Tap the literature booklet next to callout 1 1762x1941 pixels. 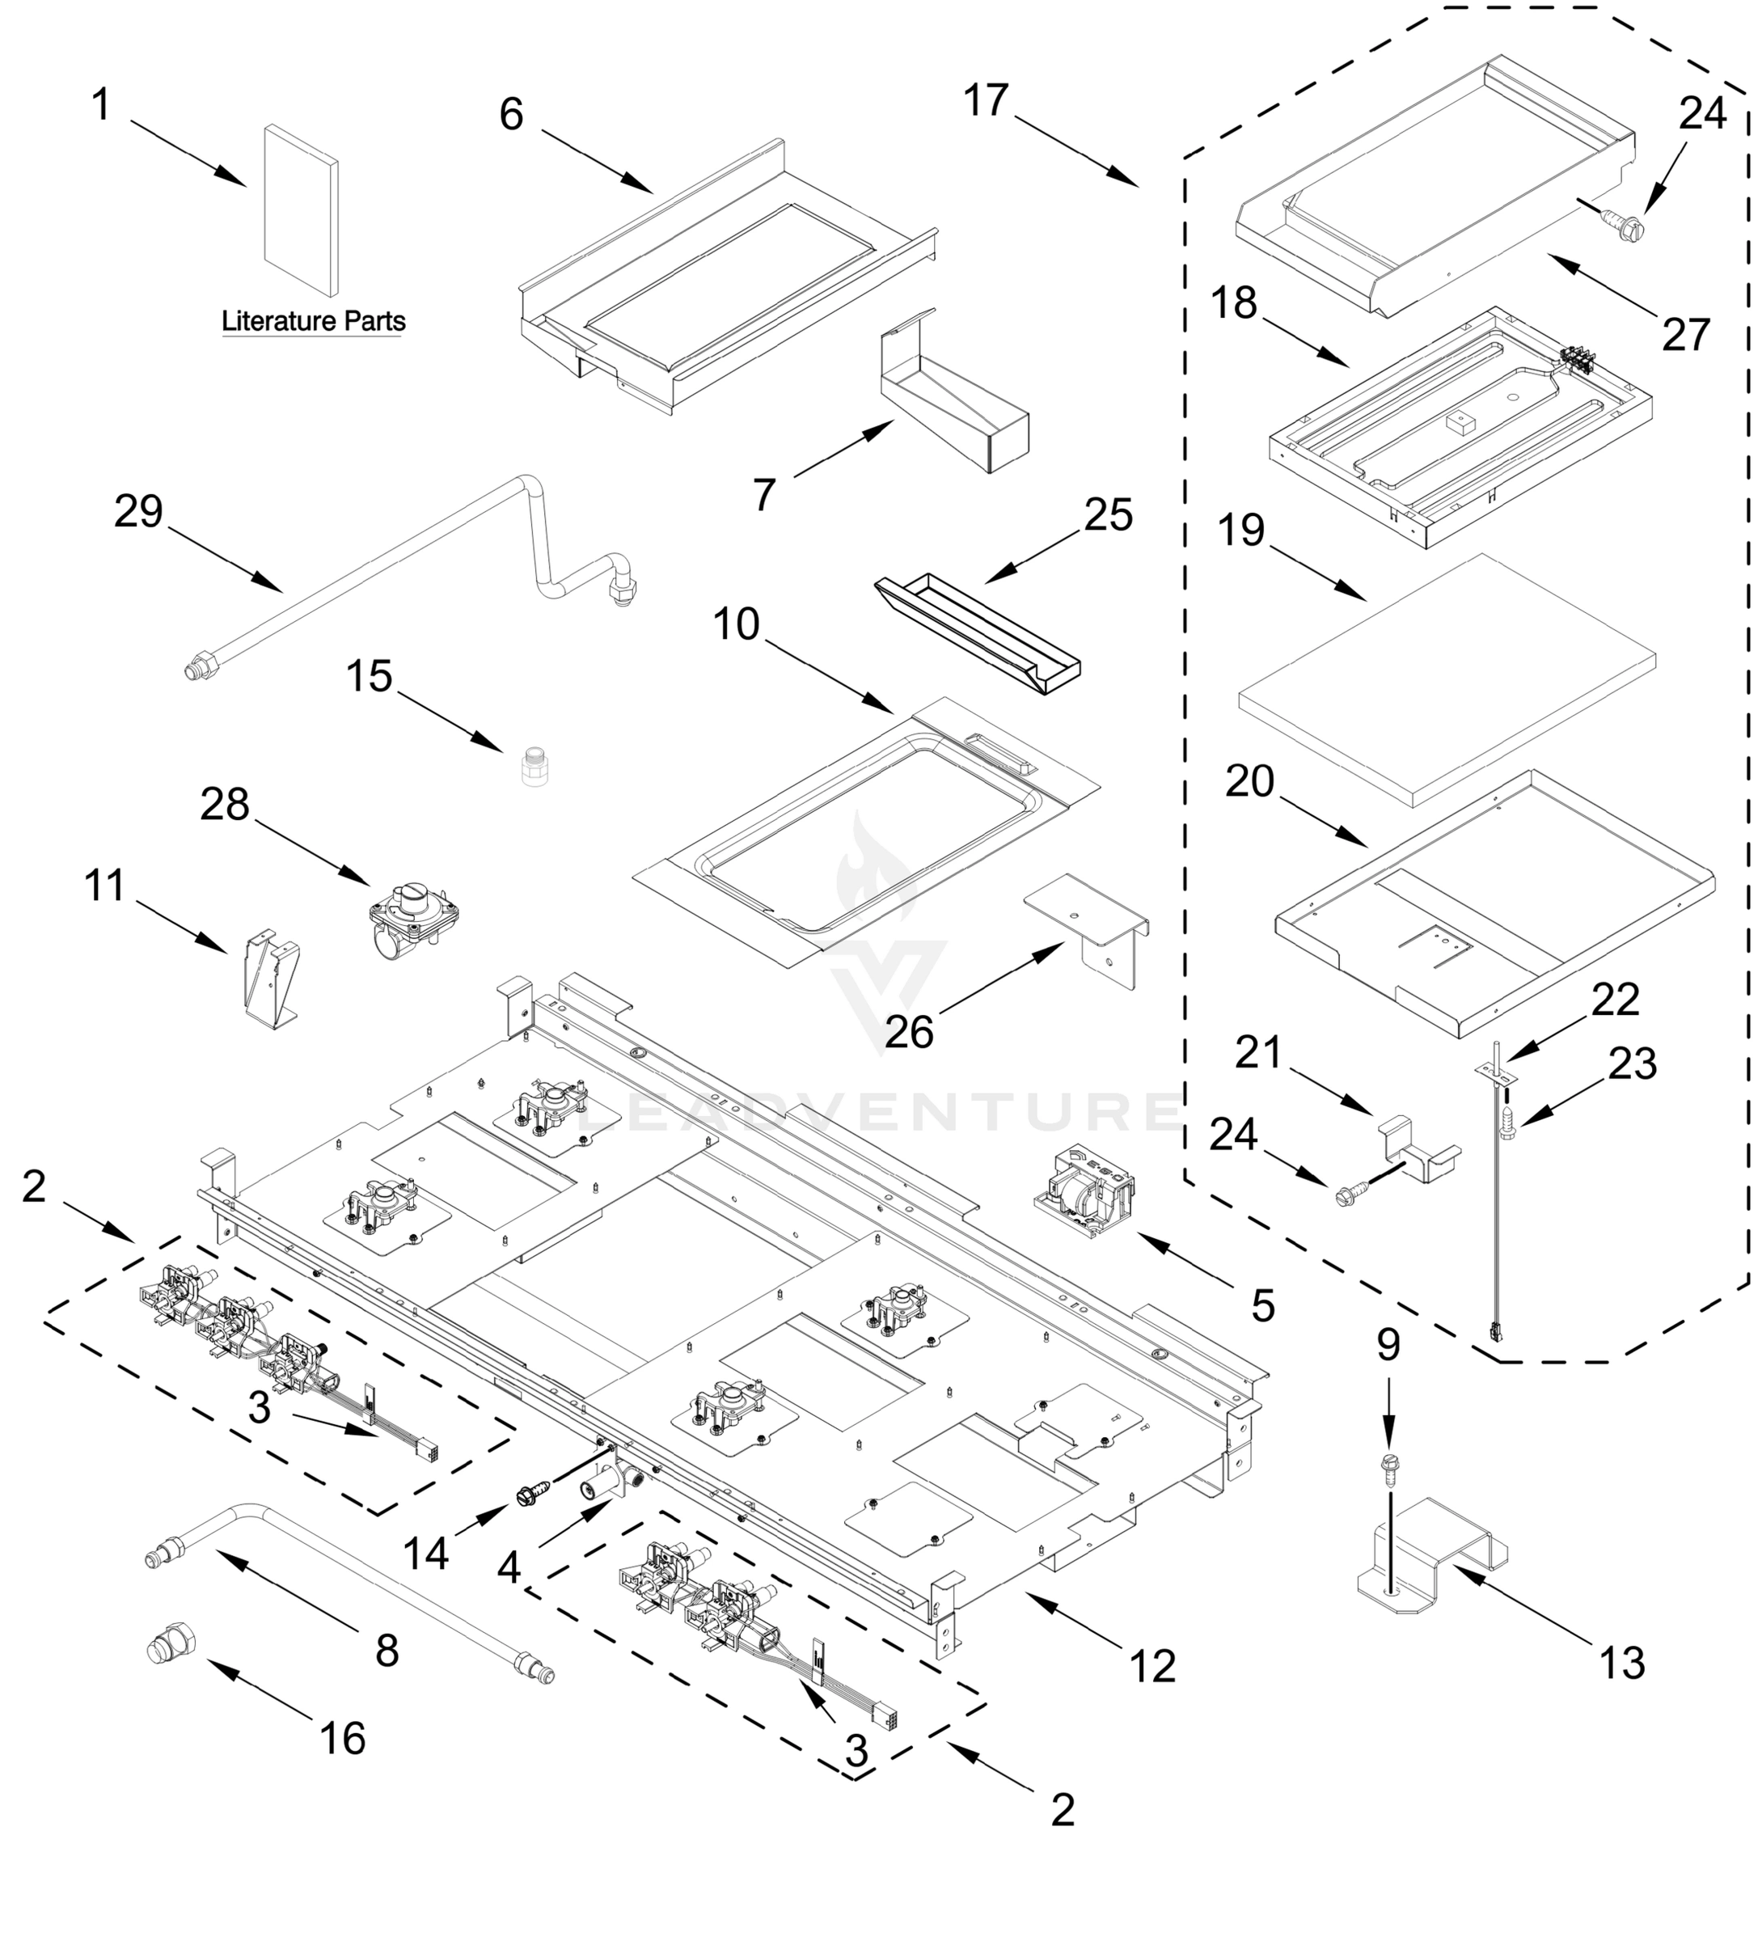click(x=301, y=210)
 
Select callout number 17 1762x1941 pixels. click(x=986, y=100)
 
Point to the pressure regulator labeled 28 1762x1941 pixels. click(x=413, y=915)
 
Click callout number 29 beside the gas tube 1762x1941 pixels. click(x=138, y=511)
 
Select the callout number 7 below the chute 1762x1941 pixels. click(x=763, y=495)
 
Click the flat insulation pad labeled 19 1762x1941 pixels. click(x=1446, y=679)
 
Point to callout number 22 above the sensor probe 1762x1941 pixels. click(x=1616, y=1001)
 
